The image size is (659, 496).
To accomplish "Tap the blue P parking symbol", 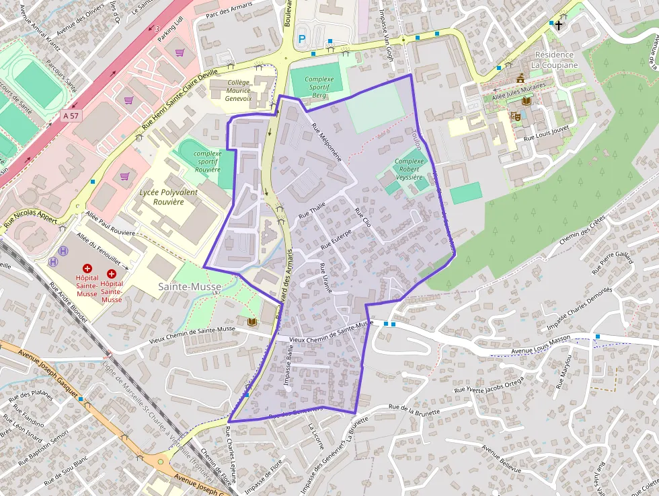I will coord(302,39).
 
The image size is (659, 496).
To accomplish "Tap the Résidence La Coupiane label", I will coord(554,59).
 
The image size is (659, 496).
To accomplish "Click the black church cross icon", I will coord(558,25).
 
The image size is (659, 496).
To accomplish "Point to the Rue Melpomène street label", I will coord(327,143).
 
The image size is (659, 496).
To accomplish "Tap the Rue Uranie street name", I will coord(325,277).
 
